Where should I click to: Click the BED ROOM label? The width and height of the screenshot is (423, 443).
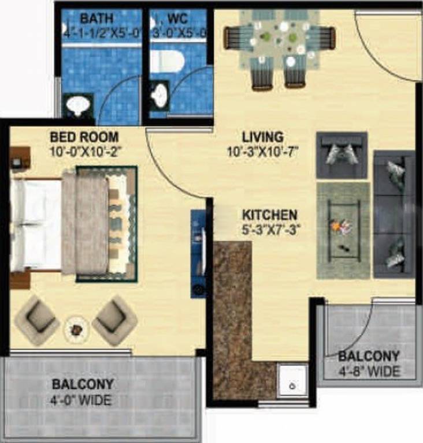tap(84, 138)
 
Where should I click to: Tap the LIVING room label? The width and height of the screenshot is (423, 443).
tap(262, 138)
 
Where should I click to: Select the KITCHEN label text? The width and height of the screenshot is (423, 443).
tap(270, 215)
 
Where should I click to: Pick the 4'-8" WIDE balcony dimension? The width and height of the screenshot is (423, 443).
tap(369, 371)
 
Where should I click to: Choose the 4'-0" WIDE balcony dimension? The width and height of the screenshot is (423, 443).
tap(82, 399)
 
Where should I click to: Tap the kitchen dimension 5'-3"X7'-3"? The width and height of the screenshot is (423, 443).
tap(270, 230)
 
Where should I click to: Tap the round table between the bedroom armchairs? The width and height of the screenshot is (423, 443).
tap(76, 329)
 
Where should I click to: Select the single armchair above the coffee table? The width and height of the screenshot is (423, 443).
tap(342, 155)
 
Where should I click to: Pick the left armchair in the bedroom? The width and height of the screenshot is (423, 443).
tap(37, 320)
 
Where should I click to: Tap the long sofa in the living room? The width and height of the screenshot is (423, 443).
tap(395, 213)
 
